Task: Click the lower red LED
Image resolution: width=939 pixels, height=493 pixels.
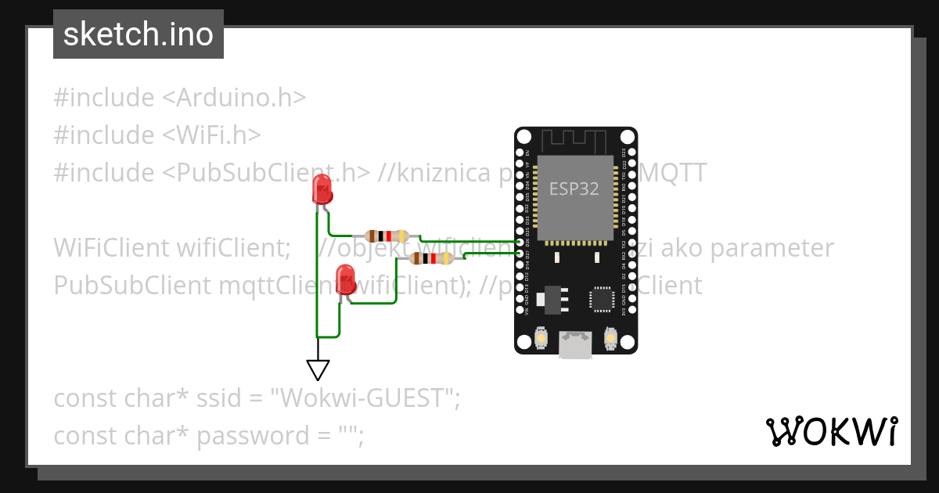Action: click(x=344, y=279)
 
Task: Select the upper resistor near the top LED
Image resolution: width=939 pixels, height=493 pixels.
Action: click(x=387, y=236)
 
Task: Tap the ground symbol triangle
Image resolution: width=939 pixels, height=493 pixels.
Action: click(x=318, y=369)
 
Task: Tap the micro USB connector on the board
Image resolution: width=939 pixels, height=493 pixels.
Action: click(x=575, y=344)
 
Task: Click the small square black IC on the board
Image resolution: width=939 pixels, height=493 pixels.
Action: click(x=602, y=299)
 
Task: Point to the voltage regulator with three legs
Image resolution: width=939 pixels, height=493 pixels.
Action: click(x=552, y=298)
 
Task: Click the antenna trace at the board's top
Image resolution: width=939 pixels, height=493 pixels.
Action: click(x=575, y=141)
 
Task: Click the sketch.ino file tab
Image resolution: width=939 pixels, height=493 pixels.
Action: click(x=139, y=34)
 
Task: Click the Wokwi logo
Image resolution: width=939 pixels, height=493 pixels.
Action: click(x=831, y=431)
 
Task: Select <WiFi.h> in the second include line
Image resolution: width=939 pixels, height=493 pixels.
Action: click(x=211, y=135)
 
